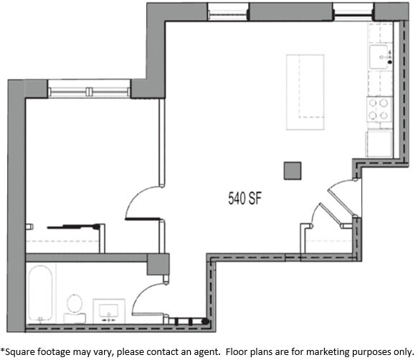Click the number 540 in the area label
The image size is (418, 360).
pos(237,198)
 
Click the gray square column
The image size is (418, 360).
pos(293,171)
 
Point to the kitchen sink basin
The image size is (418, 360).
pos(379,55)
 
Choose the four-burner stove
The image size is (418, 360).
pos(379,109)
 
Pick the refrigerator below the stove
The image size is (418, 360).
pos(379,143)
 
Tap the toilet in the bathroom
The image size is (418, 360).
pos(74,307)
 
